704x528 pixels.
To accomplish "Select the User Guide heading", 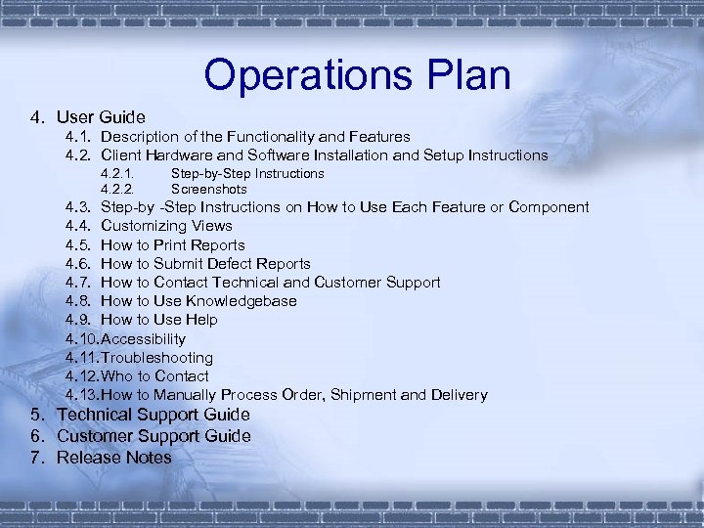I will (x=101, y=117).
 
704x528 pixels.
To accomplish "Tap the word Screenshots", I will (x=209, y=189).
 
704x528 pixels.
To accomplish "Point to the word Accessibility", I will (x=144, y=338).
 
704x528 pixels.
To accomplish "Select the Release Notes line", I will (x=114, y=458).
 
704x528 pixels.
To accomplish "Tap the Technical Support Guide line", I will (x=154, y=415).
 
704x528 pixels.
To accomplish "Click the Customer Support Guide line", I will (x=154, y=436).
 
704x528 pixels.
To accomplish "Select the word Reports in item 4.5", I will (x=218, y=244).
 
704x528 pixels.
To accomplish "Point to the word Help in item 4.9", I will (x=201, y=320).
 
